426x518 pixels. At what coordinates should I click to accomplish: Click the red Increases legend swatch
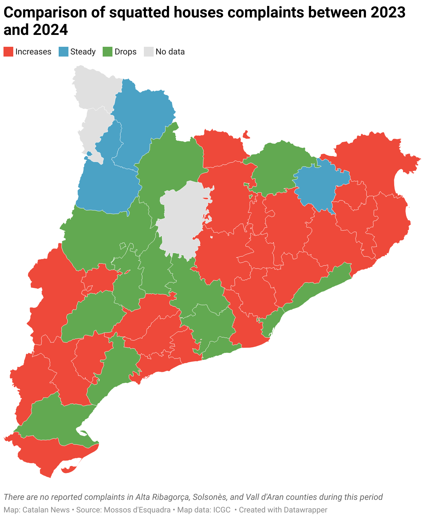pos(8,52)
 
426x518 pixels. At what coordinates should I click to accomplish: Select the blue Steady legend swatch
pos(63,52)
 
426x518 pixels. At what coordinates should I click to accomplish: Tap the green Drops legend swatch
pos(108,52)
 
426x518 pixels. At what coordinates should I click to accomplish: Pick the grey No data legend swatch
pos(149,52)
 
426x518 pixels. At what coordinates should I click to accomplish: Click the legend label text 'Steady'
pos(83,52)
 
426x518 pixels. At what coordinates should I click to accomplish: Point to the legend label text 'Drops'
pos(125,52)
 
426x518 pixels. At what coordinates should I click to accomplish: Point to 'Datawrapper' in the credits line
pos(306,510)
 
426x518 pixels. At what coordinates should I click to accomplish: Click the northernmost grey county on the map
pos(94,87)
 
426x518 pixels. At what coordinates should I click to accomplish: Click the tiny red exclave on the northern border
pos(246,134)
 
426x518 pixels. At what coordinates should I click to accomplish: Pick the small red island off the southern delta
pos(69,469)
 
